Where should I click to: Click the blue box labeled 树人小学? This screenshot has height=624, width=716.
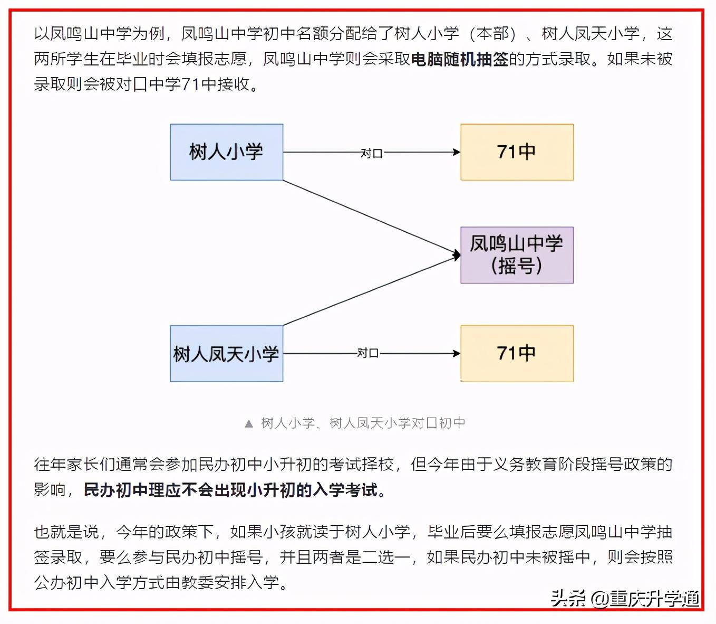coord(226,152)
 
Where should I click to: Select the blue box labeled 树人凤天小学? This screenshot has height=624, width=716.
coord(226,353)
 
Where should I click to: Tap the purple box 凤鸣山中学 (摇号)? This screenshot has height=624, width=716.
coord(517,255)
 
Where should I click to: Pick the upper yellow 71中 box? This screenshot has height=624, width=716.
coord(517,152)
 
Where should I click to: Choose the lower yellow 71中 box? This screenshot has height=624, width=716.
coord(517,353)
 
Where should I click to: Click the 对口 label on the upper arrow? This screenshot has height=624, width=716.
coord(371,153)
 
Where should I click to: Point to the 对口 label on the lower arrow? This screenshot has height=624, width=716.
coord(368,353)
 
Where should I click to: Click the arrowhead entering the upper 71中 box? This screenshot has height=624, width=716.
coord(457,152)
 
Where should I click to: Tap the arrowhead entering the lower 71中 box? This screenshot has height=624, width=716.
coord(457,353)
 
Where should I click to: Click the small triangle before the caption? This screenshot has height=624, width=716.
coord(249,423)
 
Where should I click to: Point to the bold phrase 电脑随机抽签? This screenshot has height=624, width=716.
coord(459,59)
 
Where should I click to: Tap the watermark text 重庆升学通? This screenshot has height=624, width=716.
coord(654,599)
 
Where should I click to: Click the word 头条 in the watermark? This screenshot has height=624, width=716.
coord(568,599)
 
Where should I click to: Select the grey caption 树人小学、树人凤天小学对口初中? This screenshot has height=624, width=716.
coord(363,423)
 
